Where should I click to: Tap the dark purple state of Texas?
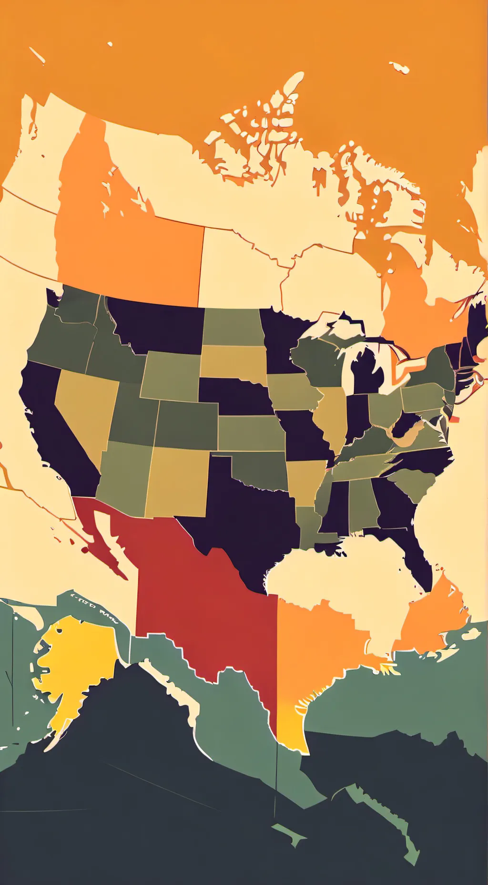pyautogui.click(x=243, y=520)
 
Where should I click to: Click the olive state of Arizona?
pyautogui.click(x=124, y=477)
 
